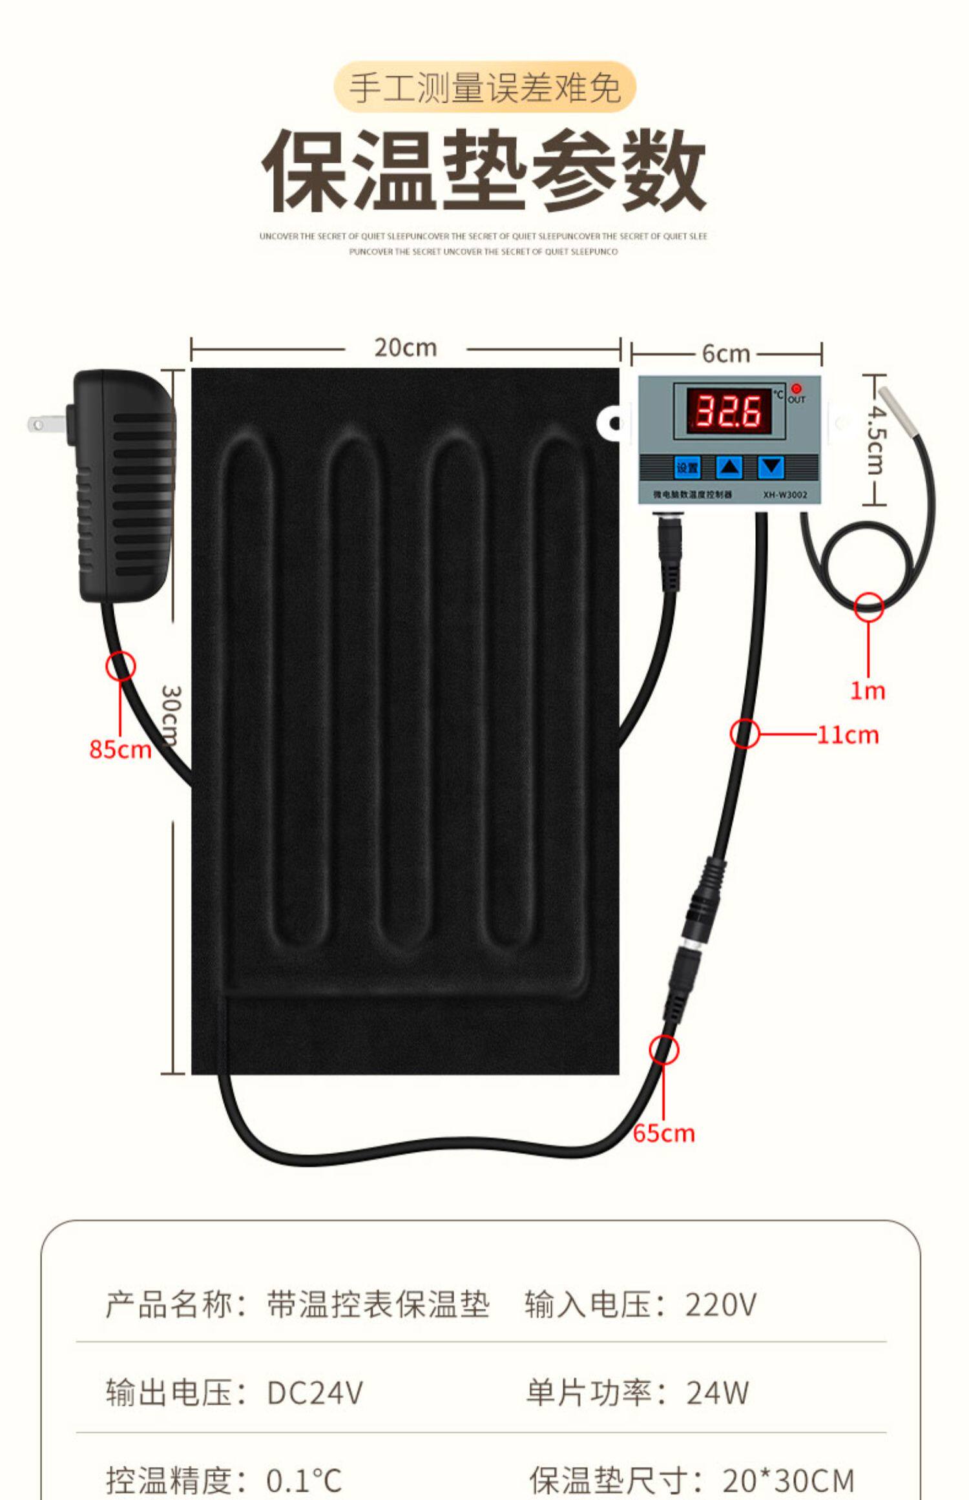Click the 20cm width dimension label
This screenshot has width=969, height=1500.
pyautogui.click(x=406, y=348)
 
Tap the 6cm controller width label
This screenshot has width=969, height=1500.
pyautogui.click(x=725, y=354)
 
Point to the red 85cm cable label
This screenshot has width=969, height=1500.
pyautogui.click(x=120, y=749)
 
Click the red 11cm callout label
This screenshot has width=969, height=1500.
pyautogui.click(x=848, y=735)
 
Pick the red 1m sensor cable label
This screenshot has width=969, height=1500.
pyautogui.click(x=867, y=691)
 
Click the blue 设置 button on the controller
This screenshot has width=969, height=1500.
pyautogui.click(x=687, y=467)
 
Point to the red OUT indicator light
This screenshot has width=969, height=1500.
pyautogui.click(x=796, y=389)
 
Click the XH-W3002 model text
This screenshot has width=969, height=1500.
pyautogui.click(x=785, y=495)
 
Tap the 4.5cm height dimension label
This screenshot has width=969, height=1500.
pyautogui.click(x=876, y=439)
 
